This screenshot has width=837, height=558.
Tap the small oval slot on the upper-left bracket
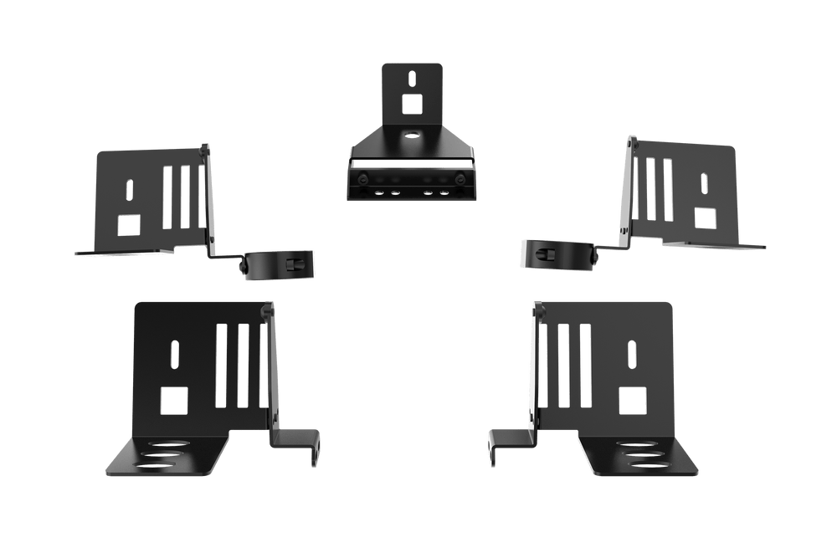pyautogui.click(x=128, y=188)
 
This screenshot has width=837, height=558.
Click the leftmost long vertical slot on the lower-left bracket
pyautogui.click(x=221, y=365)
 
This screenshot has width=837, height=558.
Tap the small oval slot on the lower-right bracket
pyautogui.click(x=633, y=355)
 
